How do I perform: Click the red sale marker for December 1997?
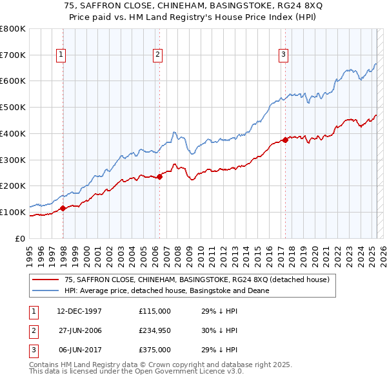[63, 208]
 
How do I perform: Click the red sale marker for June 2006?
[159, 176]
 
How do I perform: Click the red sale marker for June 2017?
[284, 140]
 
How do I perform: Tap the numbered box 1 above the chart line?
[61, 55]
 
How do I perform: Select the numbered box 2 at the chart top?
[157, 55]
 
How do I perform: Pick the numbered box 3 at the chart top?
[283, 55]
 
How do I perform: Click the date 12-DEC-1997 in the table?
[79, 310]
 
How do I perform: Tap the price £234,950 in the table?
[155, 330]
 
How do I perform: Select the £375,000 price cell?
[155, 350]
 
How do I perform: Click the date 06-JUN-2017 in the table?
[79, 350]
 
